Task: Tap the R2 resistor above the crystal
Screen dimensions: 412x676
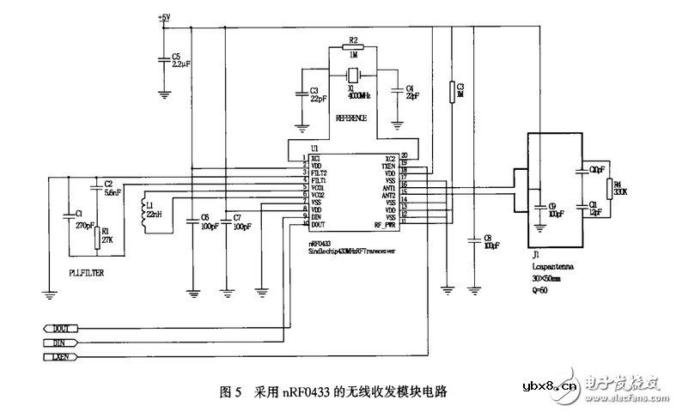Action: [352, 49]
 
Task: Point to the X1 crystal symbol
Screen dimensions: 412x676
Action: [352, 75]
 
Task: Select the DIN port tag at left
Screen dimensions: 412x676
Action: [60, 342]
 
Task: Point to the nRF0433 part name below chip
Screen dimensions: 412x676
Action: [324, 245]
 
